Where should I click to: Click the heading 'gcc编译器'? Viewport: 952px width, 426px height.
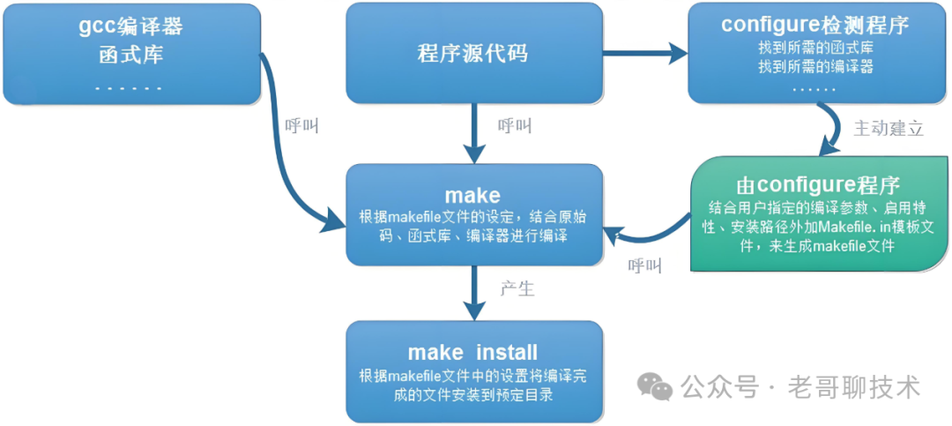pos(130,26)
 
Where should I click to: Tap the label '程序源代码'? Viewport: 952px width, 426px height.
pos(472,53)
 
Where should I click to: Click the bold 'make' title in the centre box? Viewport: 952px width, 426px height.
pos(472,195)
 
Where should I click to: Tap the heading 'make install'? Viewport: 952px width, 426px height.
pos(472,353)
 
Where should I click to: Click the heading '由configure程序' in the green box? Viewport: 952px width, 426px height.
pos(817,186)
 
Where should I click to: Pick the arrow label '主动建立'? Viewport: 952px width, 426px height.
pos(889,129)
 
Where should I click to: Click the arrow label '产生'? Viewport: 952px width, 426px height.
pos(517,288)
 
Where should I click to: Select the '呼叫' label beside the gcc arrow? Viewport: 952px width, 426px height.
pos(301,126)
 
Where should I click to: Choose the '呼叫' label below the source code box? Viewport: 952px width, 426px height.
pos(515,126)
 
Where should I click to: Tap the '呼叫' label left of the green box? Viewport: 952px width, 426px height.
pos(645,265)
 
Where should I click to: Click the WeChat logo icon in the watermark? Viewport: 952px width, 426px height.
pos(655,386)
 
